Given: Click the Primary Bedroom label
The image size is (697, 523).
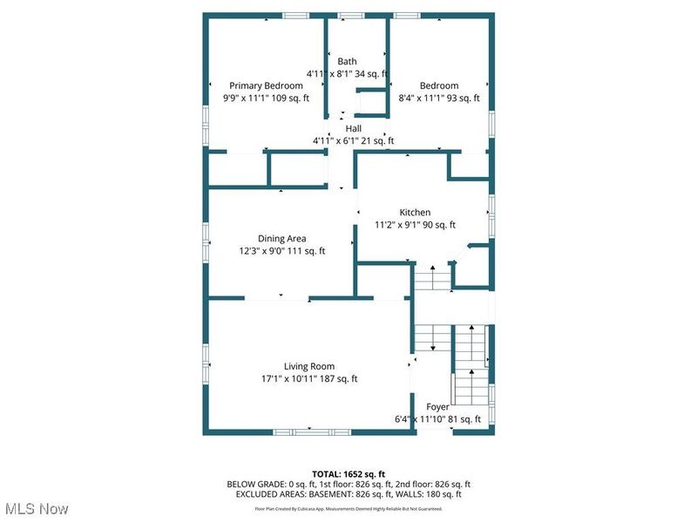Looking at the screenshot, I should coord(266,85).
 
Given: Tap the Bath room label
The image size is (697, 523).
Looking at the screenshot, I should coord(348,61).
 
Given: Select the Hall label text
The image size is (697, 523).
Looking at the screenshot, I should coord(353,128).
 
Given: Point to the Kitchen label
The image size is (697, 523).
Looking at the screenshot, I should coord(415,212).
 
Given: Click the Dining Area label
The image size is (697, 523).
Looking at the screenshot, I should coord(281,238).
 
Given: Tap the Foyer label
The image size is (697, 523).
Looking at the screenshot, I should coord(437,407).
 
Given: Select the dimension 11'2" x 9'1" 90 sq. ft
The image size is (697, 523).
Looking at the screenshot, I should coord(415,224).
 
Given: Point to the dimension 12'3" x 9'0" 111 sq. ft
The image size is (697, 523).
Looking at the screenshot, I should coord(281,251).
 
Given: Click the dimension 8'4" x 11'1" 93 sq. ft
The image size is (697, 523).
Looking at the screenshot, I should coord(439,98).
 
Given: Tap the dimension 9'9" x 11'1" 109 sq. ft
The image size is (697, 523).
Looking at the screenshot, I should coord(266,98).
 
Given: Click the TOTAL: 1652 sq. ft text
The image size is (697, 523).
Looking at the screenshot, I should coord(348,474).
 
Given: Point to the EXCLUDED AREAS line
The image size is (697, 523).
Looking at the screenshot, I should coord(348,495).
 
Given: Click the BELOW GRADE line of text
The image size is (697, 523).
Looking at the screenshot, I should coord(348,485).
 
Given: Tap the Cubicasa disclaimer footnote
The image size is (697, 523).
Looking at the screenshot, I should coord(348,508).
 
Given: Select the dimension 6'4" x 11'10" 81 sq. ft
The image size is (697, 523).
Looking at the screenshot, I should coord(433,419).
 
